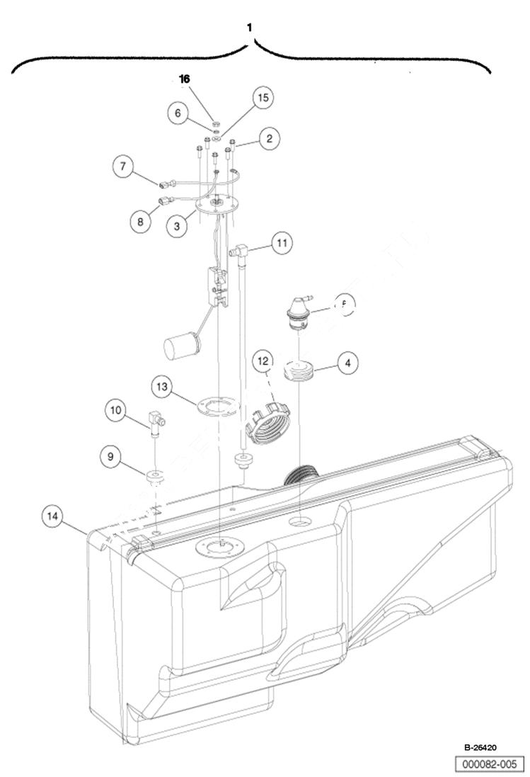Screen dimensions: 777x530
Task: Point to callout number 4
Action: (x=347, y=363)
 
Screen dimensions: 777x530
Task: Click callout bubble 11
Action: (x=282, y=244)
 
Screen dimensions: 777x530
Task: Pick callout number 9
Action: (x=110, y=457)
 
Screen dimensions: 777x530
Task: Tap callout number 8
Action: (x=141, y=221)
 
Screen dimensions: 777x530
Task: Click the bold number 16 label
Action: (x=185, y=80)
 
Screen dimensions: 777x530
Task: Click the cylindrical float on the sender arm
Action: (x=183, y=348)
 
